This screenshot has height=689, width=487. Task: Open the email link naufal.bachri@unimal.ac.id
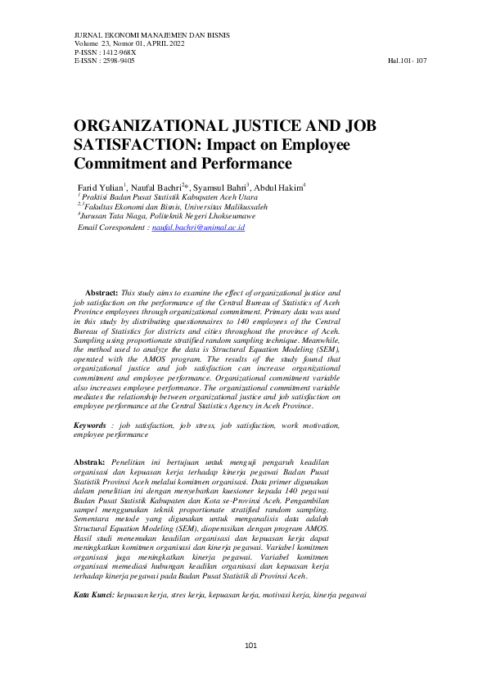(198, 227)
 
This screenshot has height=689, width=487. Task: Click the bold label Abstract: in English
(101, 292)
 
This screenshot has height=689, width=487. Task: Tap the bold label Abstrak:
(89, 462)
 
